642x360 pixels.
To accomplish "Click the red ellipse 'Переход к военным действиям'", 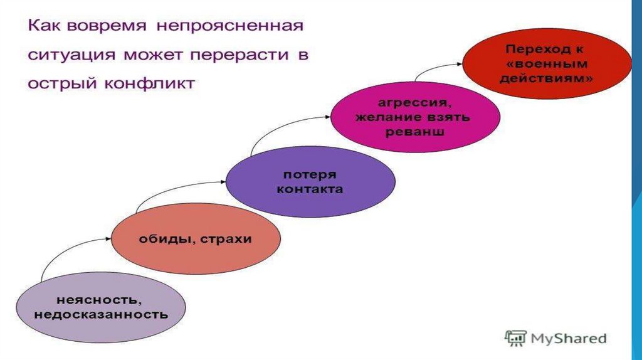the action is (547, 63).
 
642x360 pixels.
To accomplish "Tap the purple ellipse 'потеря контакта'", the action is (310, 181).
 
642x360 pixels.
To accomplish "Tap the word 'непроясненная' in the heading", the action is (231, 27).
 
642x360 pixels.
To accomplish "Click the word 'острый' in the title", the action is (57, 83).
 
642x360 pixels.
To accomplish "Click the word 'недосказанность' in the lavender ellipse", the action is (101, 314).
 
